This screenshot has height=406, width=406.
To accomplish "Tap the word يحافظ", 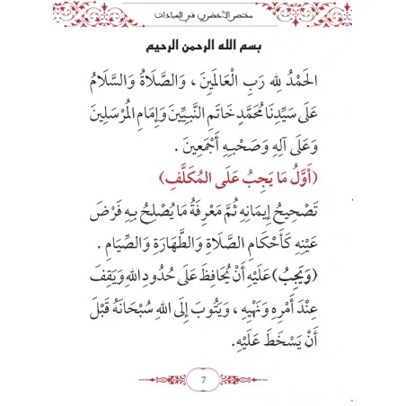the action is [213, 268].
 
